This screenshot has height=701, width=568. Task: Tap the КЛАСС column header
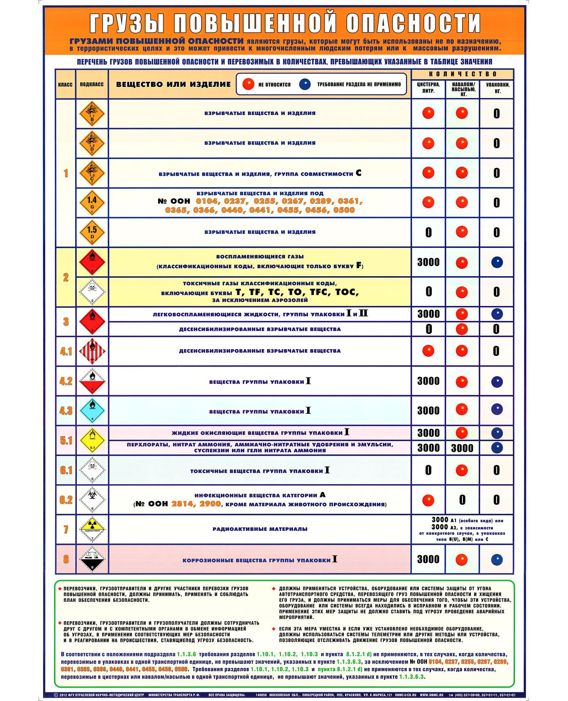65,84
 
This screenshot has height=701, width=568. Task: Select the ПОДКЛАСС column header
92,84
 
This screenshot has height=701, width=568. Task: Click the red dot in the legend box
248,84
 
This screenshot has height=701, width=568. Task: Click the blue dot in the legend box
305,84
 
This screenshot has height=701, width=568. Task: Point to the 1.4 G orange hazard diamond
92,203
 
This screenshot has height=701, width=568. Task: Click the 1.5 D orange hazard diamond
92,233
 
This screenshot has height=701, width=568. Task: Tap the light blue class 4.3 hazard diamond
92,411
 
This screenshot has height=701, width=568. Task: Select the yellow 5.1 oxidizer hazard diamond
92,440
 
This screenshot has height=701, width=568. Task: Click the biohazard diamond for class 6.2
92,500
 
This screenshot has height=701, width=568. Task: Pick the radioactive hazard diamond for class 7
92,529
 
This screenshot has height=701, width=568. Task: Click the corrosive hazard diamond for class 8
92,559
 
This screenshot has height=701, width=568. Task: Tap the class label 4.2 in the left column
66,381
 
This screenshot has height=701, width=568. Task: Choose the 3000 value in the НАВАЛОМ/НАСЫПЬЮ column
462,448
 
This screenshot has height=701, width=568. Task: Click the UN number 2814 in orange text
182,504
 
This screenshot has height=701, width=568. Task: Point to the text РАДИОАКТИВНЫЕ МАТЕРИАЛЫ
260,529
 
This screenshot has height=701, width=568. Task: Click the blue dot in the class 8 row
497,559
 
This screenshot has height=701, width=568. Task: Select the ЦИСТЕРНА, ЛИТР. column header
428,88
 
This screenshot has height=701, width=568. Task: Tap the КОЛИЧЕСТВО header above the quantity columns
463,74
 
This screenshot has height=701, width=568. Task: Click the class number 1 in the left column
66,173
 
